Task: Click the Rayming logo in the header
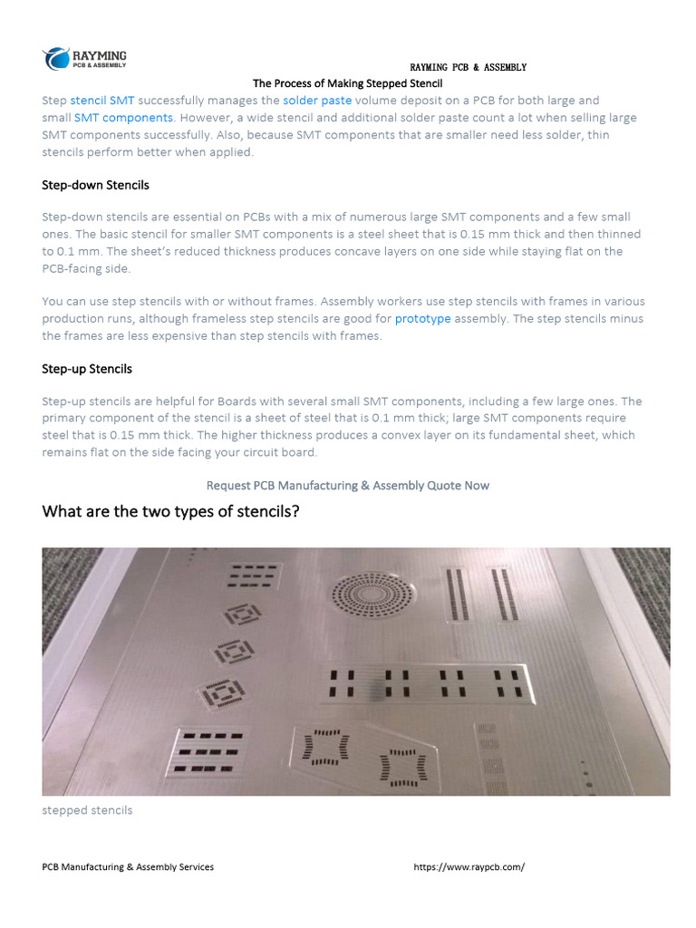point(85,59)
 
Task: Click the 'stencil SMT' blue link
point(102,101)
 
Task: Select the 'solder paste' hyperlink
point(317,101)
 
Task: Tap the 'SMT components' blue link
point(123,118)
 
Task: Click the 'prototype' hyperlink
point(422,319)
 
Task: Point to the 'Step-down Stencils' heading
point(95,185)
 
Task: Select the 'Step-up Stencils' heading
point(87,369)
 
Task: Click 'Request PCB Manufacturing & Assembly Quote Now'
point(348,486)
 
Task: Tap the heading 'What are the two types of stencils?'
point(170,513)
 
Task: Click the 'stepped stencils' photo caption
point(87,810)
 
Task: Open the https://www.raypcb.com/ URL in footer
point(469,867)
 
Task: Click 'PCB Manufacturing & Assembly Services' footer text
point(128,867)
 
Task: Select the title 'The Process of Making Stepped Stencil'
point(347,83)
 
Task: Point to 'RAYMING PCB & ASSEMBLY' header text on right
point(468,67)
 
